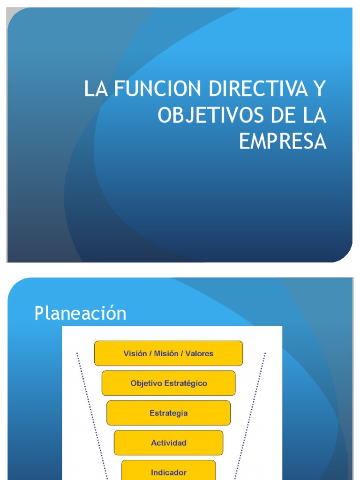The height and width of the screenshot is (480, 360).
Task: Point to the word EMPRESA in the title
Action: [x=283, y=142]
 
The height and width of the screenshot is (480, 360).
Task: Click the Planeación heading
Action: [x=80, y=313]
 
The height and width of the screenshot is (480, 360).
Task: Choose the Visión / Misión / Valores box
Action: [x=168, y=353]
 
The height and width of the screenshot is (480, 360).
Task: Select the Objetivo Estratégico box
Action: [x=168, y=383]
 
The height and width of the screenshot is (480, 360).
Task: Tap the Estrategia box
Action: [x=168, y=413]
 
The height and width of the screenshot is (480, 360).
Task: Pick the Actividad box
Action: [x=168, y=442]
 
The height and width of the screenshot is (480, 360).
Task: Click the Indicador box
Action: [x=168, y=471]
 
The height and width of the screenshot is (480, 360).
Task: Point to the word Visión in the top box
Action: [x=135, y=353]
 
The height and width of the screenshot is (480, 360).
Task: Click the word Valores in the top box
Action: [x=200, y=353]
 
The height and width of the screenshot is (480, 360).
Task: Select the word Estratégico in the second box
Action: [x=186, y=383]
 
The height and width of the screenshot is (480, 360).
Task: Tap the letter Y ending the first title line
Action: [x=319, y=89]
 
